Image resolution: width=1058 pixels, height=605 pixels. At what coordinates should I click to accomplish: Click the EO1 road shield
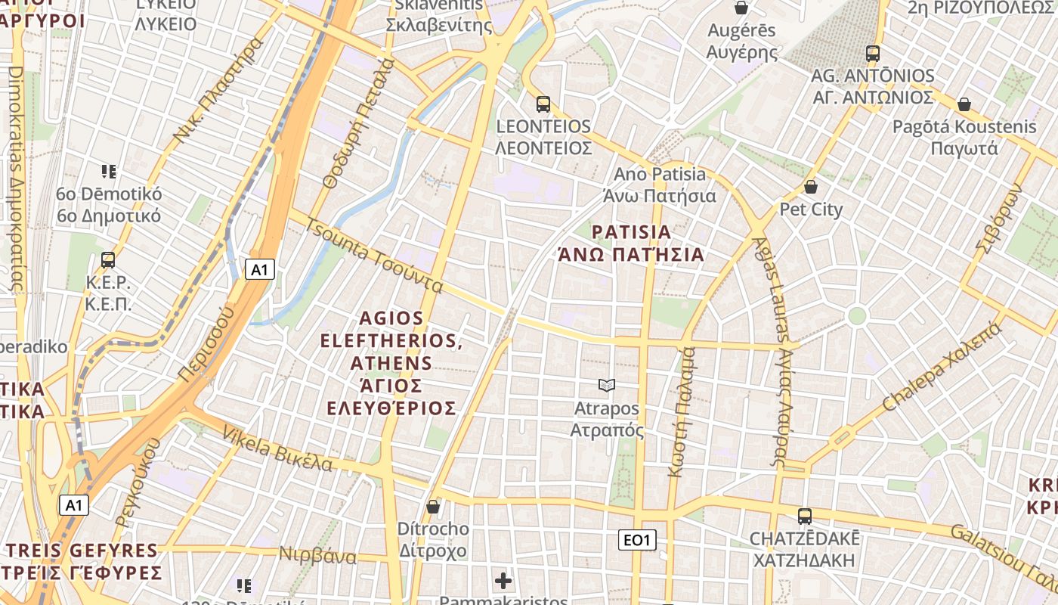(x=637, y=540)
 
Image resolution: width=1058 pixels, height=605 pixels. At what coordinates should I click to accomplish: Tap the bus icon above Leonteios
(x=543, y=104)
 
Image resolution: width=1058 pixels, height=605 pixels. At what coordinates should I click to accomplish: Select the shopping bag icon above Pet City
(x=811, y=187)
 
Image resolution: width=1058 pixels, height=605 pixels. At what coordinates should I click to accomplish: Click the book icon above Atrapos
(x=606, y=386)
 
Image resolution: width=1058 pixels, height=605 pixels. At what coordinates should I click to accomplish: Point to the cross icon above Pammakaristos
(x=503, y=581)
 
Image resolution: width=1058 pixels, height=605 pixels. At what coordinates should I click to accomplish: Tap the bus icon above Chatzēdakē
(x=805, y=517)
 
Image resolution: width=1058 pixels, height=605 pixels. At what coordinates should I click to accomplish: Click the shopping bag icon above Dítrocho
(x=433, y=507)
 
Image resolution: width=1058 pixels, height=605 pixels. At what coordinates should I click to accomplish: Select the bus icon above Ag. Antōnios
(x=873, y=54)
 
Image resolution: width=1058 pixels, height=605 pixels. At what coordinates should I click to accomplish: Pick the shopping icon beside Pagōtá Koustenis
(x=964, y=104)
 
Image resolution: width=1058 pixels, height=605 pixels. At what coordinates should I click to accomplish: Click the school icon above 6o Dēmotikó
(x=109, y=172)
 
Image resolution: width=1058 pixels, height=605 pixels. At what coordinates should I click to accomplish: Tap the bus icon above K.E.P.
(x=108, y=260)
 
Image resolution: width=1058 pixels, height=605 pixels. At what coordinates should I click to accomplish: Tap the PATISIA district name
(x=631, y=232)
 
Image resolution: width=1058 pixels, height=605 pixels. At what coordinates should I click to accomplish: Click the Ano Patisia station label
(x=660, y=175)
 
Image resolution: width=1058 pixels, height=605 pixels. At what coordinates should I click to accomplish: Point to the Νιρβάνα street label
(x=317, y=557)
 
